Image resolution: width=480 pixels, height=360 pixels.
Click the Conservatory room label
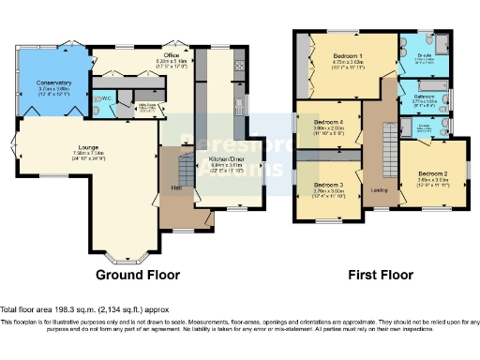(x=54, y=82)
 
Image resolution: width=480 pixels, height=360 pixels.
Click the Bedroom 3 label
(x=329, y=185)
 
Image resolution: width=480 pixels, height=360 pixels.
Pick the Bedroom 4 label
(x=329, y=123)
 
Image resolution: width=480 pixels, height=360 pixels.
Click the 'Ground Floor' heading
(x=138, y=276)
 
